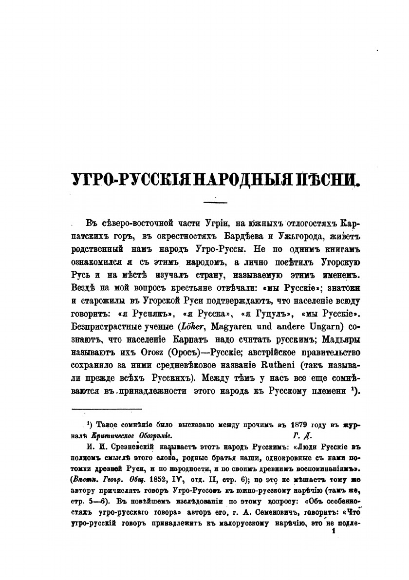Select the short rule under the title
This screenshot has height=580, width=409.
point(215,202)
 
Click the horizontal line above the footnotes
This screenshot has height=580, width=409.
point(106,410)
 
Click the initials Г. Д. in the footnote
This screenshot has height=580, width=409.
point(303,434)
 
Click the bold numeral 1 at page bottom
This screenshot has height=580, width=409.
point(334,534)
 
